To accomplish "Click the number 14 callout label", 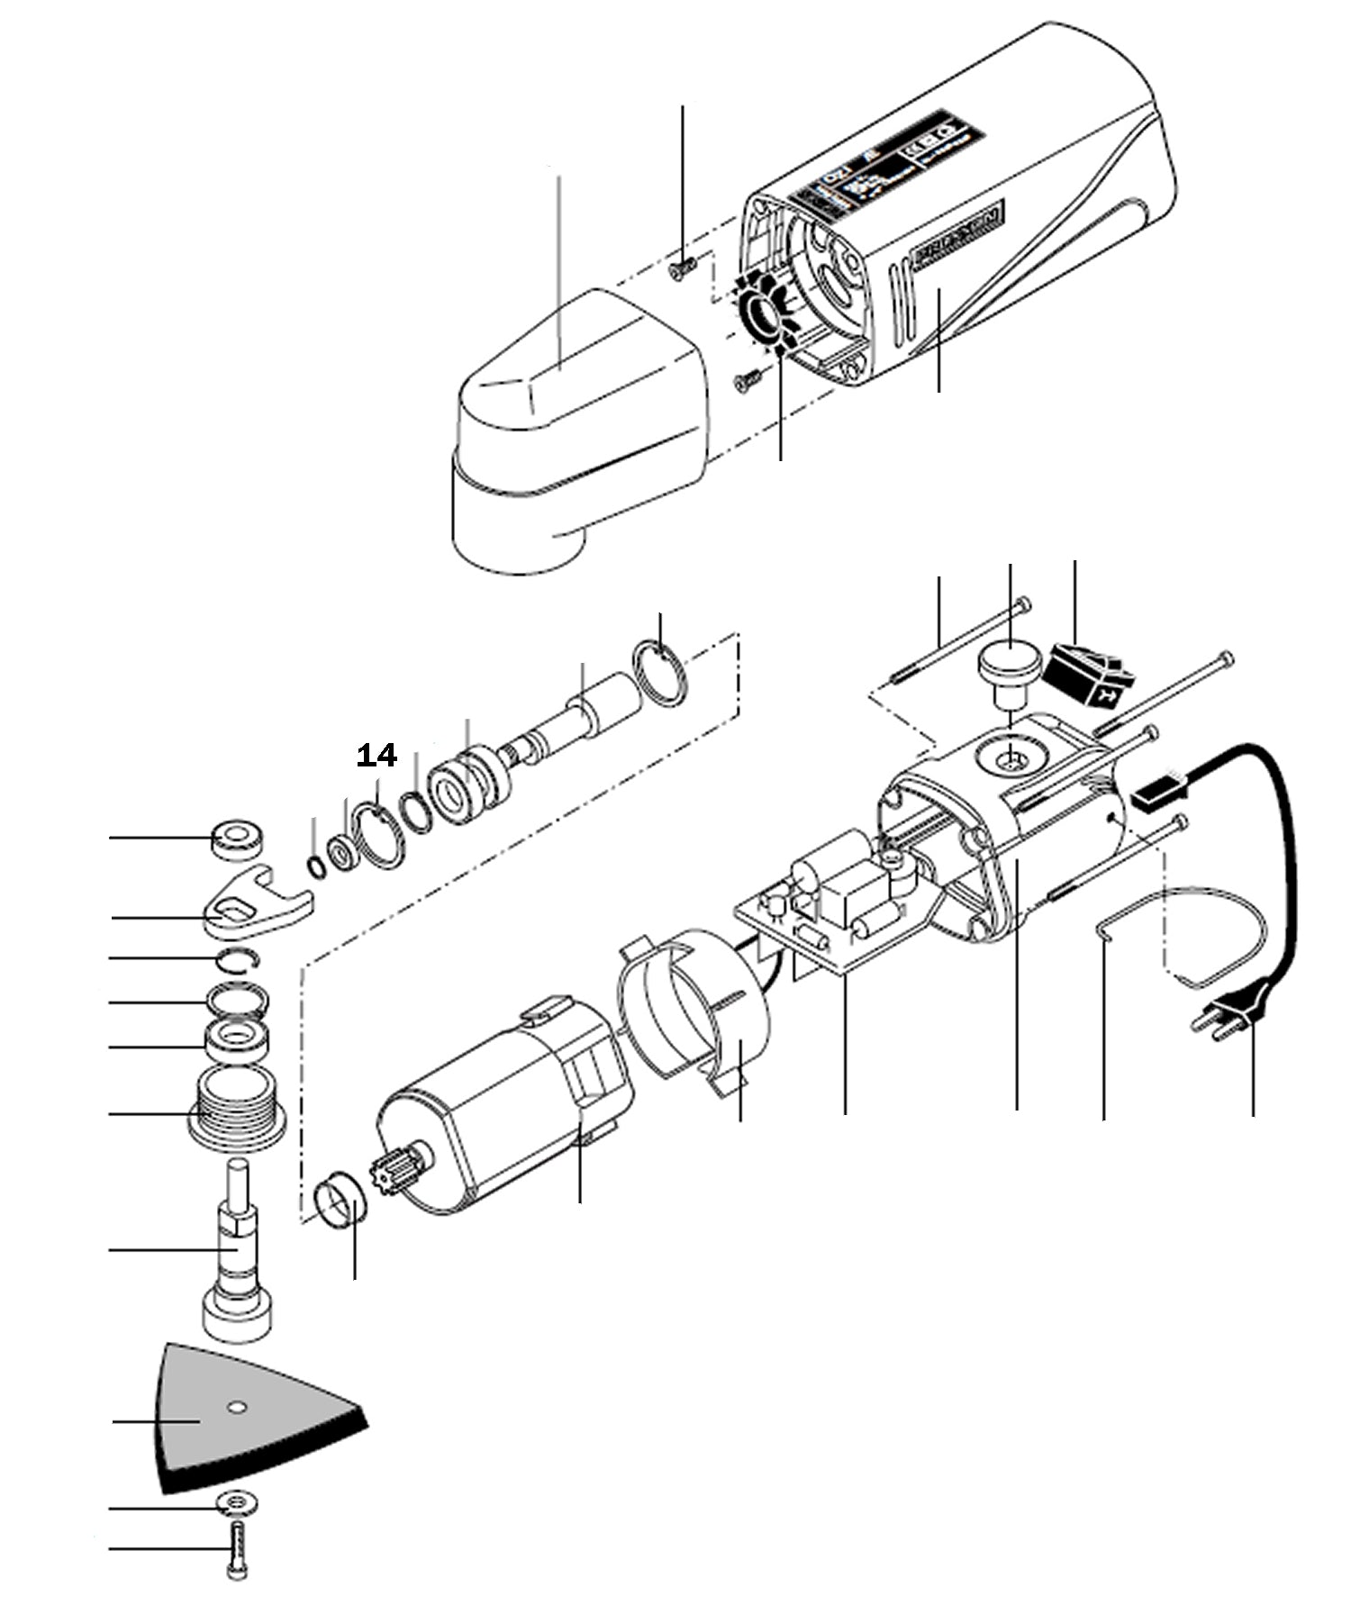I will pyautogui.click(x=376, y=756).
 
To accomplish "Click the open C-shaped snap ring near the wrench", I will pyautogui.click(x=240, y=960).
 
